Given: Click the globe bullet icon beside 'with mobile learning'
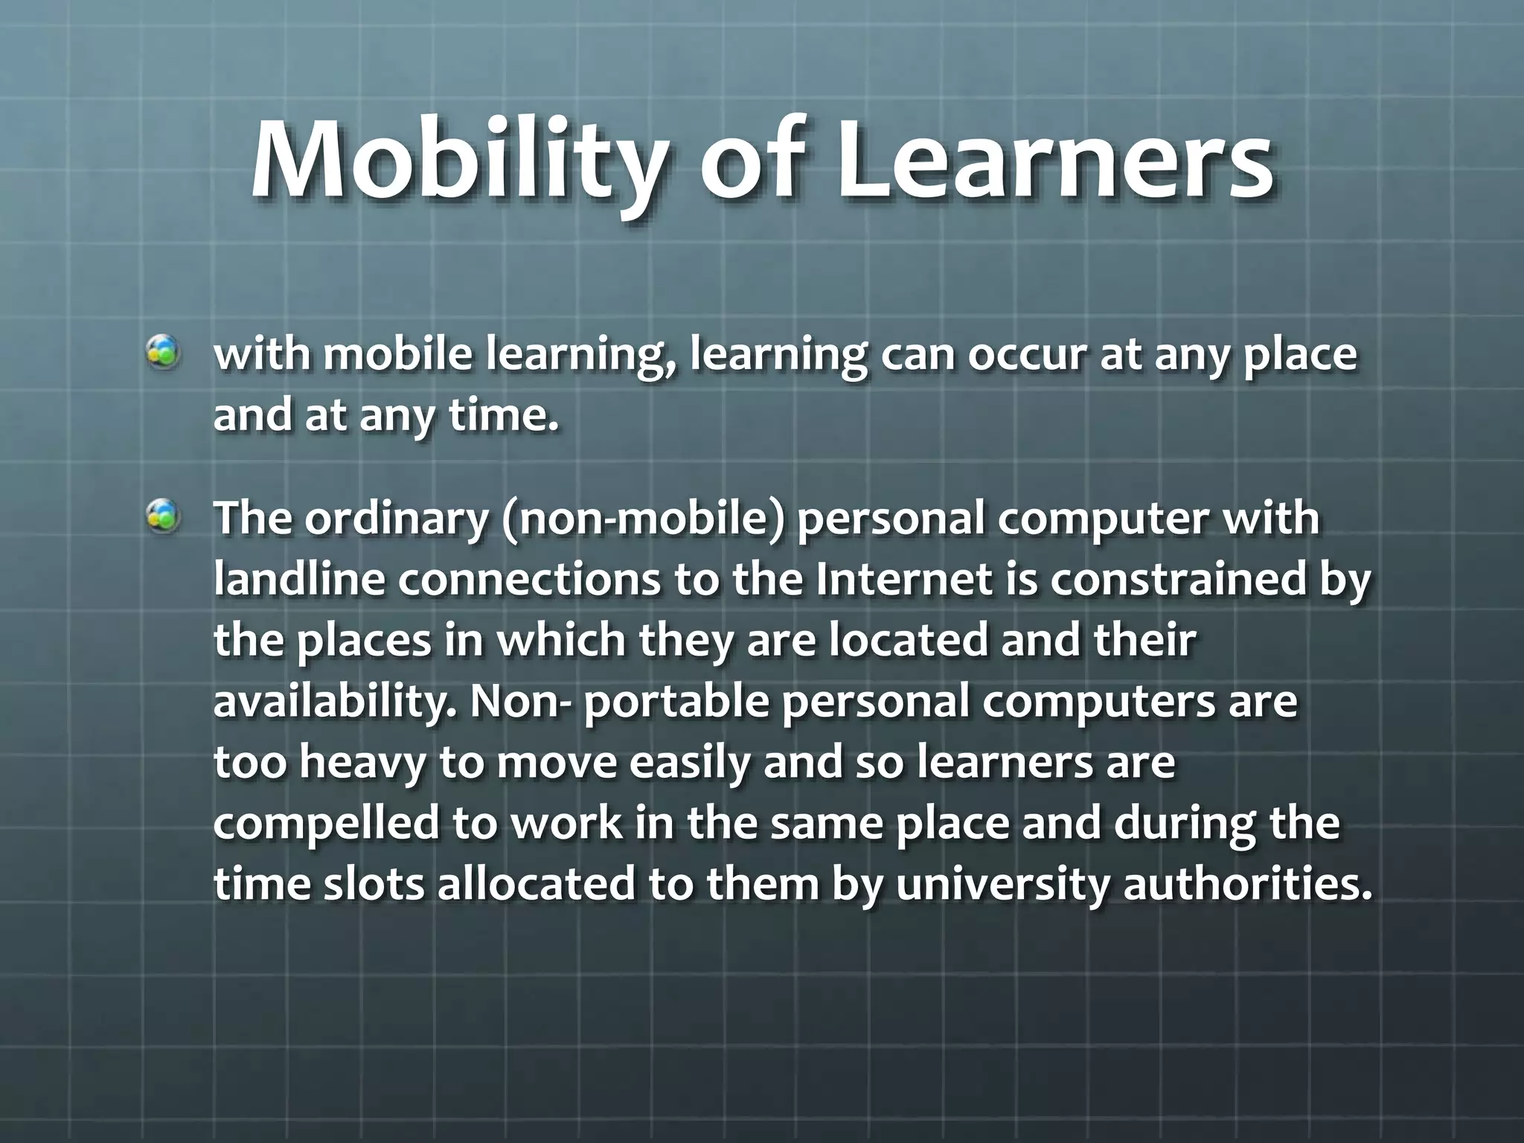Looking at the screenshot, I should tap(162, 352).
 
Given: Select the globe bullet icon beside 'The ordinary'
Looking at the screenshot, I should tap(162, 516).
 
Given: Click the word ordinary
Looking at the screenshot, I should tap(395, 519).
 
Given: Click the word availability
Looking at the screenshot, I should tap(335, 702).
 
